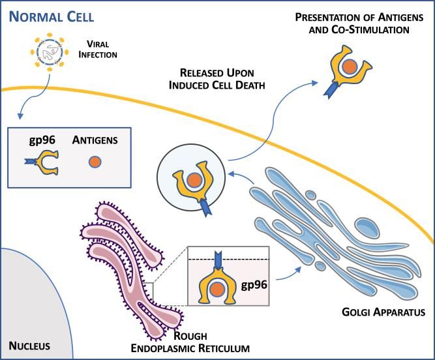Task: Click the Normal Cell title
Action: tap(52, 17)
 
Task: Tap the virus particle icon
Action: tap(50, 52)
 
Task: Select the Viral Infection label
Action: tap(98, 49)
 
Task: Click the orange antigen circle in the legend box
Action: tap(95, 162)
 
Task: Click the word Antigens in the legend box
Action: tap(95, 140)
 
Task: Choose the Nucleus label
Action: tap(29, 346)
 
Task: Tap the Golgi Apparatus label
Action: tap(383, 312)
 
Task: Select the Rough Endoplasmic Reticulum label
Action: tap(190, 342)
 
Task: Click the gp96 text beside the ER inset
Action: tap(254, 284)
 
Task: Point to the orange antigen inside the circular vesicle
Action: tap(194, 180)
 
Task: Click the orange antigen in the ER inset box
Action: tap(217, 290)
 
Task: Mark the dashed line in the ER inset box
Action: tap(229, 260)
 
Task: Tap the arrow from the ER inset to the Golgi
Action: tap(288, 274)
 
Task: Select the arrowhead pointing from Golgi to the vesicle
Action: tap(232, 174)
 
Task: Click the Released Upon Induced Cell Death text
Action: tap(217, 79)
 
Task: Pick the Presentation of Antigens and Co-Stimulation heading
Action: tap(359, 23)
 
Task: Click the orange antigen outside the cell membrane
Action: tap(350, 67)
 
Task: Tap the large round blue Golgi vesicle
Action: tap(368, 228)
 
